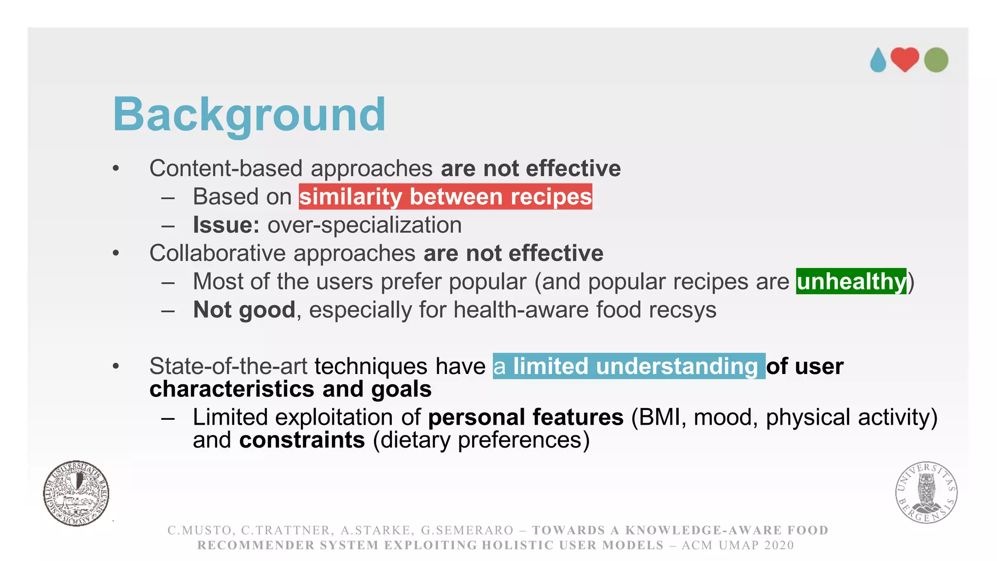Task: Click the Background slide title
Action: point(249,115)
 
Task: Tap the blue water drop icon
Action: point(878,60)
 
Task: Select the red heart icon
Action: point(905,59)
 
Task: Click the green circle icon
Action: point(936,60)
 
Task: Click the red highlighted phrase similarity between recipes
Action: point(445,197)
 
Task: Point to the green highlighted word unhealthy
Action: point(851,281)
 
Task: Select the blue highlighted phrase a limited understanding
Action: point(628,366)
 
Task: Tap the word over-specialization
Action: point(364,225)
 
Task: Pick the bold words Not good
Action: point(244,310)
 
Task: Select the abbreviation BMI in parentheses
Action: point(659,417)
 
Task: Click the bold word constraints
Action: point(302,440)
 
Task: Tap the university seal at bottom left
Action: point(76,493)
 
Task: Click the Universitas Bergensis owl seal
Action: point(926,492)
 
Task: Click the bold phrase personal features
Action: point(525,417)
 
